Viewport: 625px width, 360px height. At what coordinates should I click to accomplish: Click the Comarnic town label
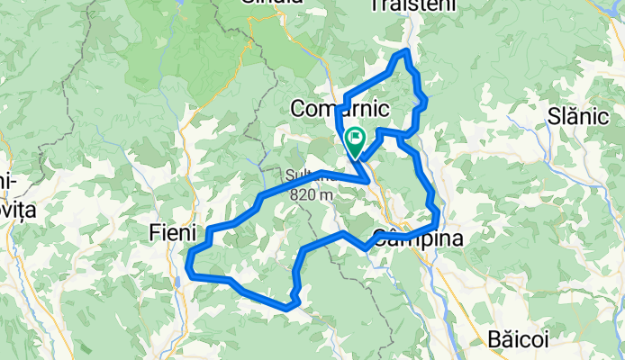[340, 109]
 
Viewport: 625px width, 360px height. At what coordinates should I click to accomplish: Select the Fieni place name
[171, 233]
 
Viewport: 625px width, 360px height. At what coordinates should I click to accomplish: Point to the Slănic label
[578, 116]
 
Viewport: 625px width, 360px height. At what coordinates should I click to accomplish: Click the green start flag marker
[354, 141]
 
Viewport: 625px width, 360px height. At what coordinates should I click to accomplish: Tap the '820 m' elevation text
[312, 193]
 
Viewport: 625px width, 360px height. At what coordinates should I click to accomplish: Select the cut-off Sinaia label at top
[272, 4]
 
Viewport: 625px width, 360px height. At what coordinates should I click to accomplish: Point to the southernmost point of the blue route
[286, 308]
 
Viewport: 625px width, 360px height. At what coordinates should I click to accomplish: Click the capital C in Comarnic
[298, 109]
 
